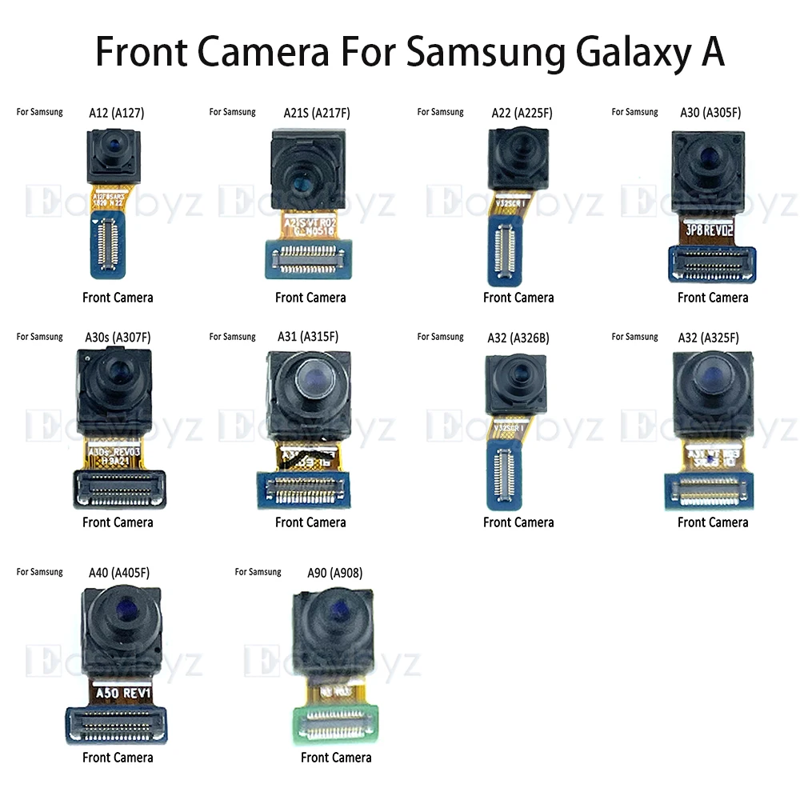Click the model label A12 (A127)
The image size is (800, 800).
coord(116,113)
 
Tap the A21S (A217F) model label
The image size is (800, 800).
coord(317,113)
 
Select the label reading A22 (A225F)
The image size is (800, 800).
coord(522,113)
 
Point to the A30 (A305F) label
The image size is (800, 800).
coord(710,113)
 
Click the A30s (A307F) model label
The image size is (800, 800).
coord(118,338)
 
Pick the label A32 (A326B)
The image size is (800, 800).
coord(518,338)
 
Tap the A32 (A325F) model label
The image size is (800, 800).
coord(708,338)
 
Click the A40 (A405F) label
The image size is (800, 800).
coord(117,573)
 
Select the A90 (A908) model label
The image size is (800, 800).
coord(334,573)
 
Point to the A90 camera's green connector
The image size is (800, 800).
coord(334,724)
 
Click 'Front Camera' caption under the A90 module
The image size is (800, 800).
coord(336,758)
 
